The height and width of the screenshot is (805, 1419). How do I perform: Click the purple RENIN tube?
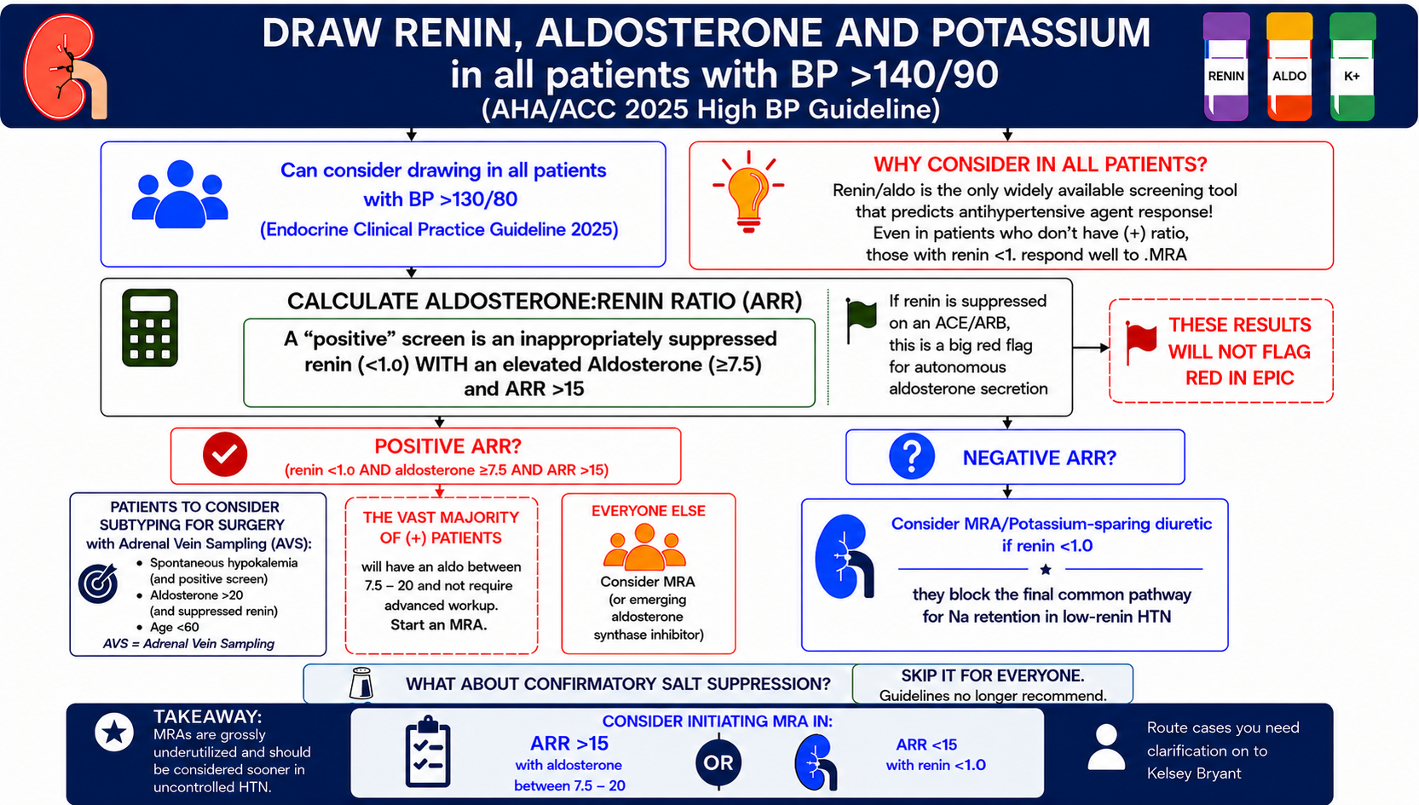pyautogui.click(x=1226, y=66)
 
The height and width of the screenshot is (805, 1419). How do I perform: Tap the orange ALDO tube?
pyautogui.click(x=1289, y=66)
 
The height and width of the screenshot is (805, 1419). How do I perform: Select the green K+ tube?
pyautogui.click(x=1352, y=66)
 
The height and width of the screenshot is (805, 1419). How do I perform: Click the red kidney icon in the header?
pyautogui.click(x=63, y=67)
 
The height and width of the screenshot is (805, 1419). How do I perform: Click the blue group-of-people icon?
pyautogui.click(x=180, y=194)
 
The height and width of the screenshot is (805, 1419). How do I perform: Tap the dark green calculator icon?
pyautogui.click(x=150, y=327)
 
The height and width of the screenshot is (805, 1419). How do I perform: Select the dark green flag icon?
pyautogui.click(x=861, y=320)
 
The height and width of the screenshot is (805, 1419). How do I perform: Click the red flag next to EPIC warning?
pyautogui.click(x=1141, y=342)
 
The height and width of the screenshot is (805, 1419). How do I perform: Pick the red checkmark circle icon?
pyautogui.click(x=225, y=454)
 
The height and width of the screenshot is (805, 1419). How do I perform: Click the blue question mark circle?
pyautogui.click(x=912, y=456)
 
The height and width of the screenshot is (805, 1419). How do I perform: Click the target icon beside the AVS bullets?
pyautogui.click(x=98, y=583)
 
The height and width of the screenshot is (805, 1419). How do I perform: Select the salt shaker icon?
pyautogui.click(x=361, y=684)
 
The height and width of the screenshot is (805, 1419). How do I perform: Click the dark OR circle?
pyautogui.click(x=718, y=762)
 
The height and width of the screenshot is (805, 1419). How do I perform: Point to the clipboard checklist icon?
pyautogui.click(x=428, y=752)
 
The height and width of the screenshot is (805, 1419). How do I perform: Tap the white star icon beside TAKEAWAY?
pyautogui.click(x=114, y=732)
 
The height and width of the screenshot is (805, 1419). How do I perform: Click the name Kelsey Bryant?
pyautogui.click(x=1194, y=773)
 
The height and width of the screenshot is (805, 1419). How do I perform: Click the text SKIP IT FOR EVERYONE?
pyautogui.click(x=993, y=676)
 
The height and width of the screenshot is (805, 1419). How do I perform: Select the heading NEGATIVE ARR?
pyautogui.click(x=1040, y=458)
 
